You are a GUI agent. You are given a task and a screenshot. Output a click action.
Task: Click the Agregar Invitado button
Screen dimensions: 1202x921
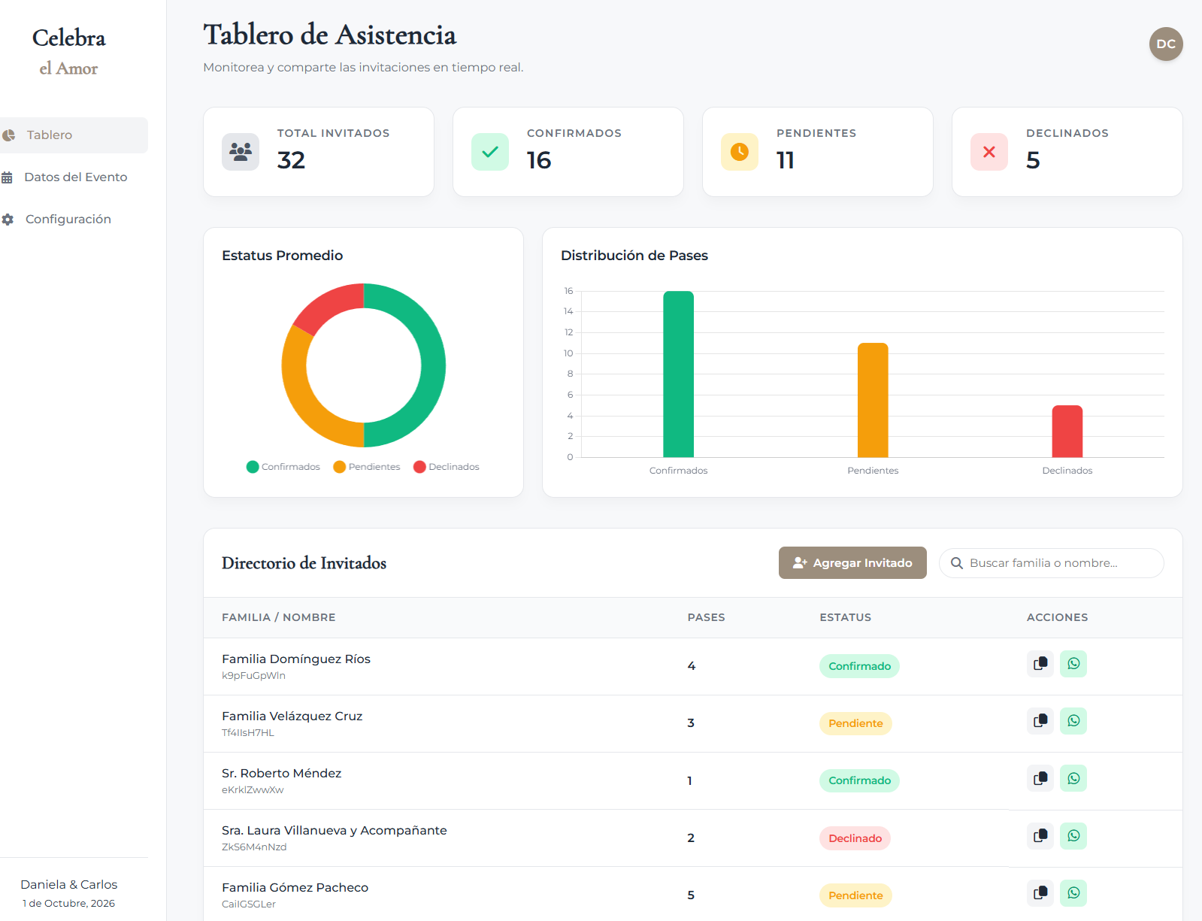click(x=852, y=562)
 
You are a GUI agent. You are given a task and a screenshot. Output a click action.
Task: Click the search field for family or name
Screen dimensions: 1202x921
click(x=1051, y=563)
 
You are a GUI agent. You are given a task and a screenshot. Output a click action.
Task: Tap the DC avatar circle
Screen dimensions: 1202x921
click(x=1165, y=44)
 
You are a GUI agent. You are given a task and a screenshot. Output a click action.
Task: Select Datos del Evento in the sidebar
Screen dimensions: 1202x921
click(x=75, y=177)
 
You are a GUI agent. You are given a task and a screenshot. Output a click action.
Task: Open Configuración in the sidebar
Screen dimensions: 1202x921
click(x=68, y=219)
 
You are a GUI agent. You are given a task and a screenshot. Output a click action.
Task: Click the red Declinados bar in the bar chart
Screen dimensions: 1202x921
click(x=1067, y=432)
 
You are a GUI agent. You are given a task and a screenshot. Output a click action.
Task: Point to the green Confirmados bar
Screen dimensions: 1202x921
click(x=678, y=374)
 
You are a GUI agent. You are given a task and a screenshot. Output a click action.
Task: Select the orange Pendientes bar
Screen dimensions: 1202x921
click(x=873, y=401)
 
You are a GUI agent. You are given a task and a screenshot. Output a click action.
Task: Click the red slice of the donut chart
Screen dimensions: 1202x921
click(x=326, y=307)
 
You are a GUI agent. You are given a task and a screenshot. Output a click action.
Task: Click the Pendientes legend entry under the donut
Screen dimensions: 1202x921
click(x=367, y=467)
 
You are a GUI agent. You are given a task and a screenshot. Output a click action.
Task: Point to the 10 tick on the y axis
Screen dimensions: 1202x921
click(x=568, y=353)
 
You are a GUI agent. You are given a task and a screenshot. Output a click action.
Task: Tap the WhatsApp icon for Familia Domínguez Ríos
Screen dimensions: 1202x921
click(x=1073, y=664)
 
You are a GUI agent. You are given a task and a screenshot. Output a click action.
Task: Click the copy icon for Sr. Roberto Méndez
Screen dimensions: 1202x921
click(x=1040, y=778)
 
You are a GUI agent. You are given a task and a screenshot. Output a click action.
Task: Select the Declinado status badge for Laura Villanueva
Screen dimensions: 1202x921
click(x=855, y=838)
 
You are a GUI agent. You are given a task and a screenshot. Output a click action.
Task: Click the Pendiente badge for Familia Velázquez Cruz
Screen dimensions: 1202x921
click(x=855, y=723)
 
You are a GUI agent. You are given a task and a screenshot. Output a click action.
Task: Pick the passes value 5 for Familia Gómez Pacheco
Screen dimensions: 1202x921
click(x=691, y=895)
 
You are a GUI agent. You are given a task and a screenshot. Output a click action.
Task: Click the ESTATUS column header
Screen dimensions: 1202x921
click(x=845, y=617)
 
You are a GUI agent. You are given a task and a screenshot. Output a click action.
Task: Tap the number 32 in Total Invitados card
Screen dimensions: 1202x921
click(x=291, y=160)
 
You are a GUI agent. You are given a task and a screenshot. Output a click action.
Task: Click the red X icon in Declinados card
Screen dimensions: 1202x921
click(x=989, y=152)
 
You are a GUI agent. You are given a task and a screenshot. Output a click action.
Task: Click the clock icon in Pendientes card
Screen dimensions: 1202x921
click(x=740, y=152)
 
